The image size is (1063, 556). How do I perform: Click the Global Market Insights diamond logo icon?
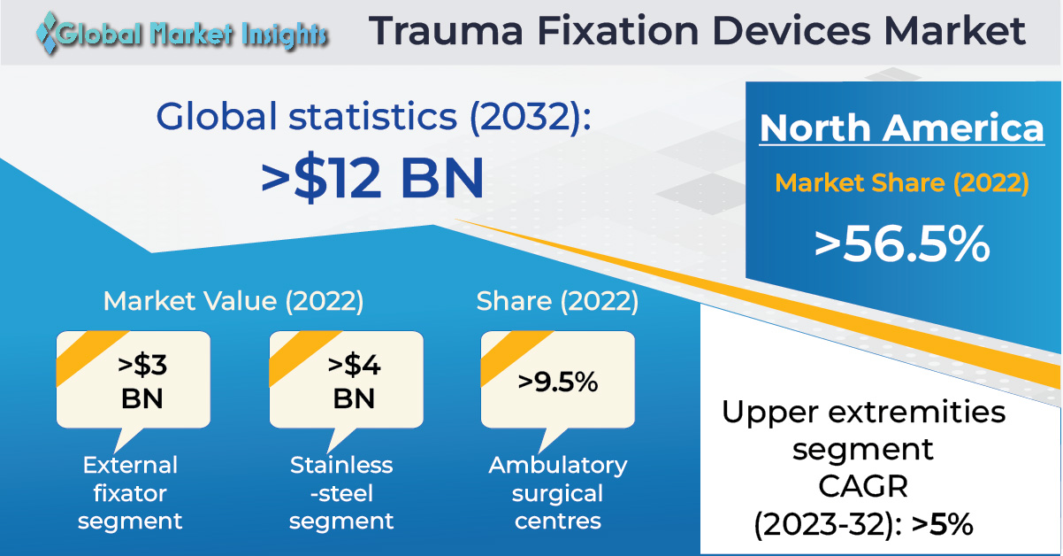click(48, 32)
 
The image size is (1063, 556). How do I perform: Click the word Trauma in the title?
click(446, 31)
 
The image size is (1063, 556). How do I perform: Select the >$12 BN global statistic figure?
click(373, 178)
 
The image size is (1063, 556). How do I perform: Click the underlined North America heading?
click(902, 127)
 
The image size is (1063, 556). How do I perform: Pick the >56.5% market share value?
click(902, 244)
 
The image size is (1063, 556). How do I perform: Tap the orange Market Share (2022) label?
click(902, 183)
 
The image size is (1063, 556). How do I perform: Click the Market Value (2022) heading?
click(233, 301)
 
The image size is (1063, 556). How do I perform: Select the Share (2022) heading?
click(558, 301)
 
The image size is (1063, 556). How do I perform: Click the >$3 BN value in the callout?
click(142, 382)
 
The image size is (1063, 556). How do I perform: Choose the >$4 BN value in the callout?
click(354, 382)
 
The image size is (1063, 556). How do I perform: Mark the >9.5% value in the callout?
click(558, 382)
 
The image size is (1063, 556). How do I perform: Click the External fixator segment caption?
click(130, 493)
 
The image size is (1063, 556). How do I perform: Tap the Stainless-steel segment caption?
click(341, 493)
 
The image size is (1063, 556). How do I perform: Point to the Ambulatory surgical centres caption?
click(558, 493)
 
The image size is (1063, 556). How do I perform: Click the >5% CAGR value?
click(943, 524)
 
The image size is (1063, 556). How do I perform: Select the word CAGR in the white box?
click(863, 487)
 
